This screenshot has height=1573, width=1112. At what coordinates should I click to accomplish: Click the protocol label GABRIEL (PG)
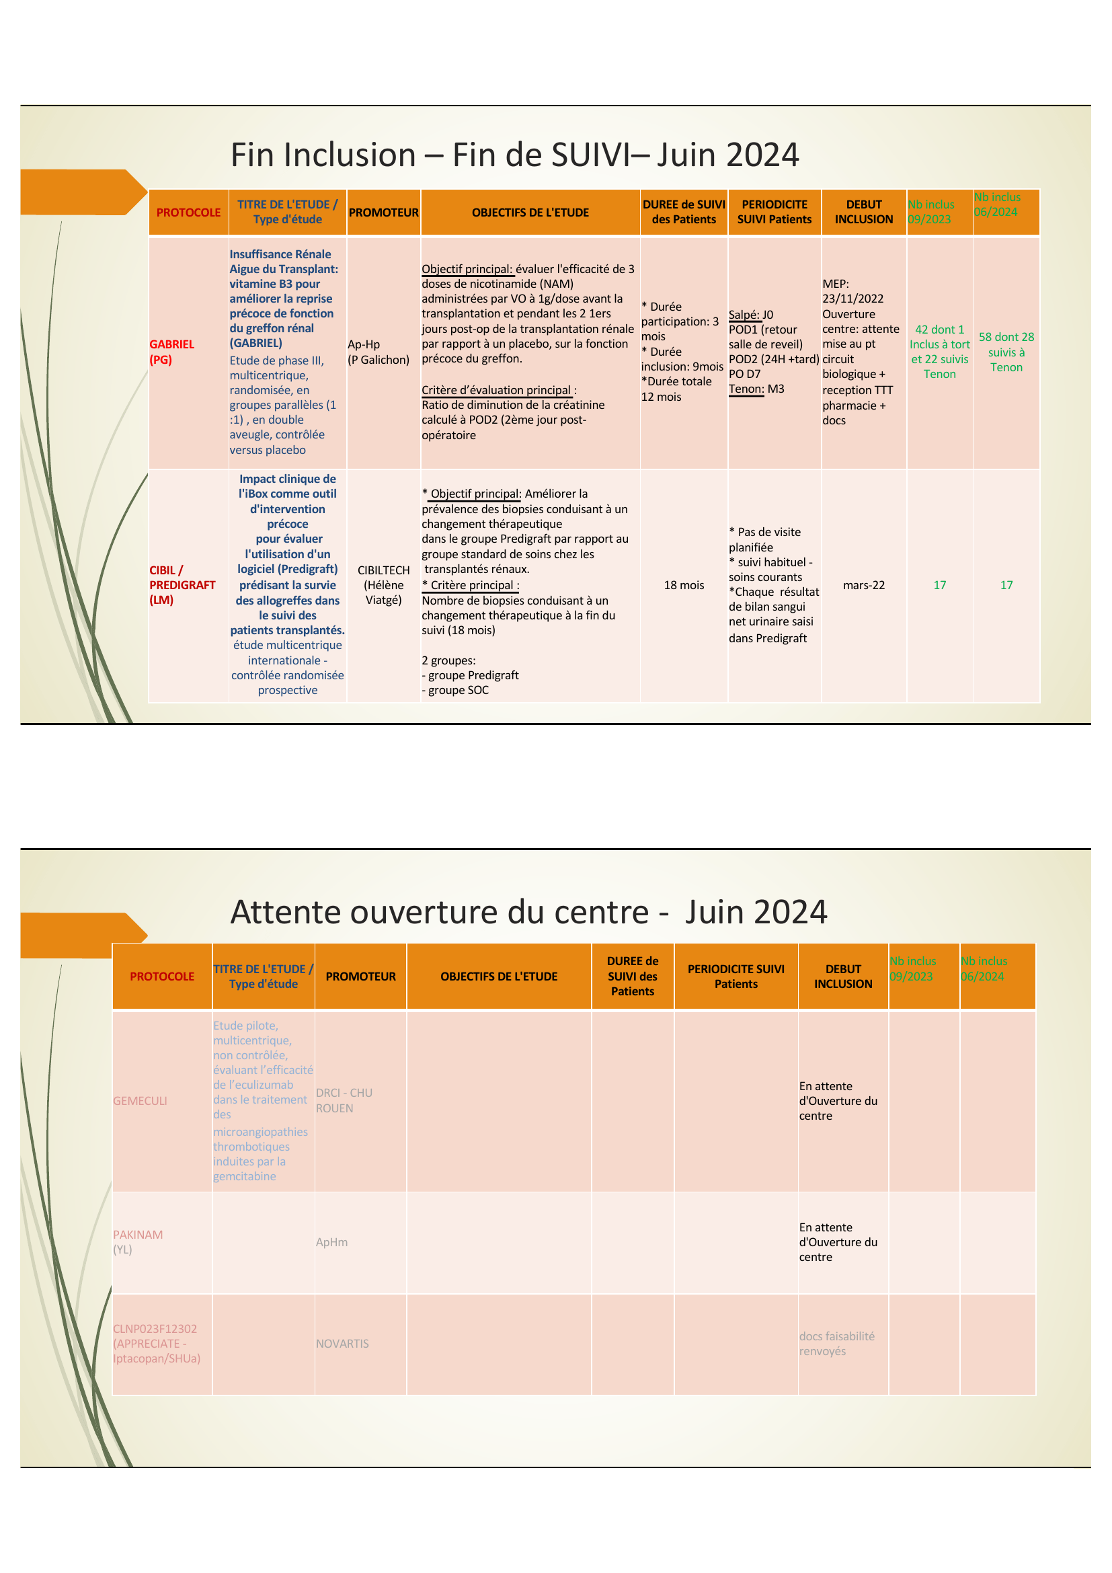(172, 352)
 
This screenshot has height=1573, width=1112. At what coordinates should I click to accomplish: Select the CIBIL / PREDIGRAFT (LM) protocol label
(182, 584)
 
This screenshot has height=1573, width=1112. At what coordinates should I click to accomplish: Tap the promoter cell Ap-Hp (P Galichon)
(378, 352)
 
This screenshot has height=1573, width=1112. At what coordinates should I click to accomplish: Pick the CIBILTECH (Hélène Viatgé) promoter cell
(383, 584)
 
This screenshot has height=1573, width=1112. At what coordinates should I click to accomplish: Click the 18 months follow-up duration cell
(683, 585)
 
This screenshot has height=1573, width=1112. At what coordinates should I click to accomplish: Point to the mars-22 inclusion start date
(863, 585)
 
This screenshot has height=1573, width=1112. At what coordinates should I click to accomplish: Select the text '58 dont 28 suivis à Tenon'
(1006, 352)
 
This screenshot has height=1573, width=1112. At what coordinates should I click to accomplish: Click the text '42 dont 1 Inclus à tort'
(939, 337)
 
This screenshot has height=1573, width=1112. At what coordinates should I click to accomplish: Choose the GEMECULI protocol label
(141, 1100)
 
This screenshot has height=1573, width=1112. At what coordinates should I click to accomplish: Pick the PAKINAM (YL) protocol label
(138, 1241)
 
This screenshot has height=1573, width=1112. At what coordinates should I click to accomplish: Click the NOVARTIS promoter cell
(342, 1344)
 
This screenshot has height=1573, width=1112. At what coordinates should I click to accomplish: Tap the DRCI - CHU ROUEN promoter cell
(344, 1100)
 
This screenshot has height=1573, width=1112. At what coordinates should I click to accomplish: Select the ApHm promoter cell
(331, 1242)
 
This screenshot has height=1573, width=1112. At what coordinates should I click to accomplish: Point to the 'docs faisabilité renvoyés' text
(836, 1343)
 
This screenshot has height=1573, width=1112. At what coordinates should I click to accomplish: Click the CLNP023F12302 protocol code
(155, 1328)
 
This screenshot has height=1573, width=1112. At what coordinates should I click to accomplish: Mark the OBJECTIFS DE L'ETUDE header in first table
(530, 213)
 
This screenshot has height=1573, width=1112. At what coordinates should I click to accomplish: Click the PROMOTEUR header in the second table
(360, 976)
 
